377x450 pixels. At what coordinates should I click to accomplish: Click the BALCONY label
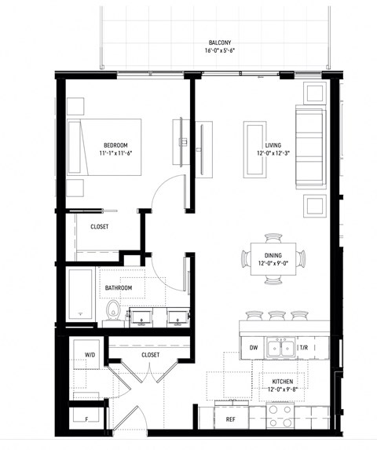220,42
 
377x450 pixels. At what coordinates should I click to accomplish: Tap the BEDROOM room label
115,145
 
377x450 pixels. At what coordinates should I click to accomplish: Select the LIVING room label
273,145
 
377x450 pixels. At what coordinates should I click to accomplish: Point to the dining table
273,259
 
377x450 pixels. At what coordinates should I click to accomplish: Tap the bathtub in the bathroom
81,295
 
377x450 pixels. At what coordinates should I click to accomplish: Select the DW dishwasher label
254,348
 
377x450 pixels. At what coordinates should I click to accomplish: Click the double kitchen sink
281,347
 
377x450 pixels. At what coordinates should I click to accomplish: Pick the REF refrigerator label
230,419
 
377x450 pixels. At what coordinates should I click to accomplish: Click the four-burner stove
280,416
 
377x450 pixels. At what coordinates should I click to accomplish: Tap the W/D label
90,355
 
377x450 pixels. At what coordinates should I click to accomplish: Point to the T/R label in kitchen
304,348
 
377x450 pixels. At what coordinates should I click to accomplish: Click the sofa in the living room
311,147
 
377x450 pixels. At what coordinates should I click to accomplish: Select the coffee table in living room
254,149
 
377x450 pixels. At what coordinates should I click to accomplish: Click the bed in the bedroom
104,147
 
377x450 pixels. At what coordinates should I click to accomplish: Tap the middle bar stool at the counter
277,316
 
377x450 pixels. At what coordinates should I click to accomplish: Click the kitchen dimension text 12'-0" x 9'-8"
283,390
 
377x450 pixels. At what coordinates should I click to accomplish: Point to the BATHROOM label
119,287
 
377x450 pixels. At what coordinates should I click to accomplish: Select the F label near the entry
86,419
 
